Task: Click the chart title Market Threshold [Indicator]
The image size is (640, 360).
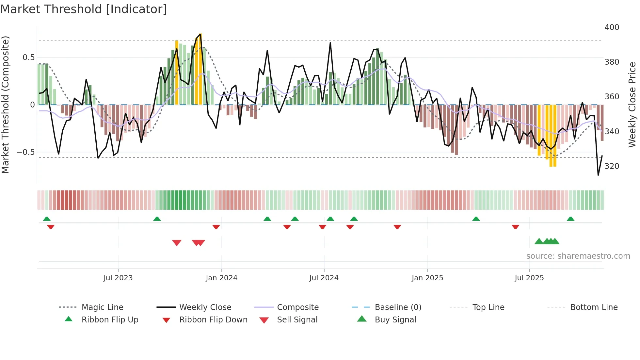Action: coord(84,9)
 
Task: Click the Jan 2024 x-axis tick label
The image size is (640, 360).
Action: coord(221,278)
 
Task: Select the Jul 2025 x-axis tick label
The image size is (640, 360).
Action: coord(529,278)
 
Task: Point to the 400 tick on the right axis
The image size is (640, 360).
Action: coord(612,27)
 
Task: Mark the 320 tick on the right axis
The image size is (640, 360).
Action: coord(612,166)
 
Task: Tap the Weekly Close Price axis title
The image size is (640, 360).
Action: coord(632,105)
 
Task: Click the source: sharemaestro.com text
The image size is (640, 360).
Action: coord(578,256)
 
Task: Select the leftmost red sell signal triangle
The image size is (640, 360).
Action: coord(177,243)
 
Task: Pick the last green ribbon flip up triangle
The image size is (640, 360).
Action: coord(570,219)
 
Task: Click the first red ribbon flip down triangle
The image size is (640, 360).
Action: coord(51,227)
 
